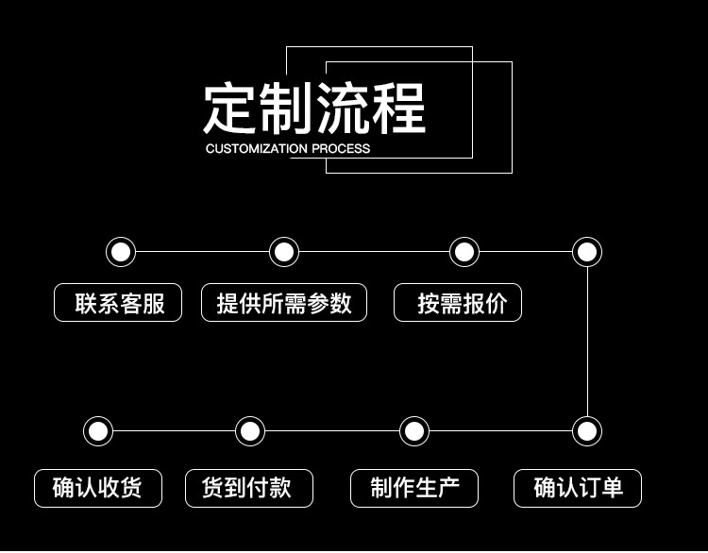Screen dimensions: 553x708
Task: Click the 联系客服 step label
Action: coord(118,303)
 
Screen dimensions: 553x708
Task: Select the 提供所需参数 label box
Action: coord(284,303)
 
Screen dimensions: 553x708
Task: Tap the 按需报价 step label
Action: coord(458,303)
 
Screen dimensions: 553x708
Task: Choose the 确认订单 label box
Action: coord(578,488)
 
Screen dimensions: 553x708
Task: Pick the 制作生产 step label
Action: coord(414,488)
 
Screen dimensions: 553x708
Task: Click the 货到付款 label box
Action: coord(249,488)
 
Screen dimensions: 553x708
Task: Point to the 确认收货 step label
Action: coord(98,488)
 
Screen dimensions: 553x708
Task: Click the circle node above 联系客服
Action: coord(121,252)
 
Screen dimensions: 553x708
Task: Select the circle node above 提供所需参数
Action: coord(284,252)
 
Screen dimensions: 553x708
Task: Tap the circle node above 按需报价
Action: coord(464,252)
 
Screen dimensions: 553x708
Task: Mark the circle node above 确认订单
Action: coord(587,431)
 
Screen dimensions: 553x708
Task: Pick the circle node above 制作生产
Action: coord(414,431)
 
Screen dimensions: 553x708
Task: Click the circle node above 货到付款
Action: coord(250,431)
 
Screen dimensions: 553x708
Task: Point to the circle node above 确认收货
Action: coord(98,431)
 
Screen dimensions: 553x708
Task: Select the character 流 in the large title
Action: coord(343,109)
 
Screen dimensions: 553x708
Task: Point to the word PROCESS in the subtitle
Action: coord(342,149)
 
